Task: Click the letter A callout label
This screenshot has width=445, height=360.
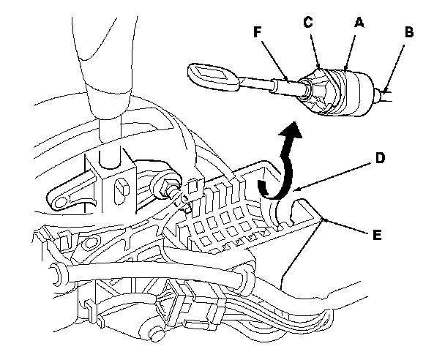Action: (x=359, y=23)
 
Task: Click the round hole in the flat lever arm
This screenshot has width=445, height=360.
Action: (x=56, y=197)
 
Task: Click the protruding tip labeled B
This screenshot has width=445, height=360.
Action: (x=383, y=94)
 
